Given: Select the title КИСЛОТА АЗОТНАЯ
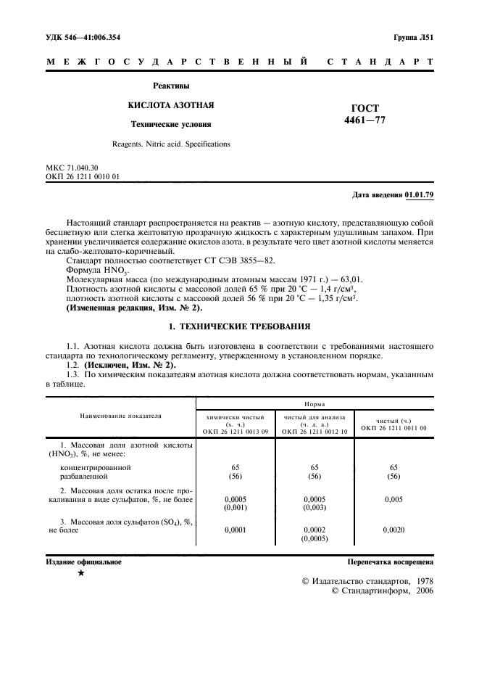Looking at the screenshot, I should point(171,105).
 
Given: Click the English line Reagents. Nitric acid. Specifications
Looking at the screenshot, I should point(171,144).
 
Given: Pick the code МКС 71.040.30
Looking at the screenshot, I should point(72,168).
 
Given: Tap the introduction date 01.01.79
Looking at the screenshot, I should point(419,195).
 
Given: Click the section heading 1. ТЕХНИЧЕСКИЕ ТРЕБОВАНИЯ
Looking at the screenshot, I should point(239,326).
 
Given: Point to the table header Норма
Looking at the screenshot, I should point(314,401).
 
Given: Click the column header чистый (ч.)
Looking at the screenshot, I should point(393,421).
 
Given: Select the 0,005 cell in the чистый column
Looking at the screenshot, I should point(393,500).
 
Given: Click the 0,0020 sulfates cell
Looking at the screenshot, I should point(393,531).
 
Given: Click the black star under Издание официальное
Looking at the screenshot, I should point(81,573).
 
